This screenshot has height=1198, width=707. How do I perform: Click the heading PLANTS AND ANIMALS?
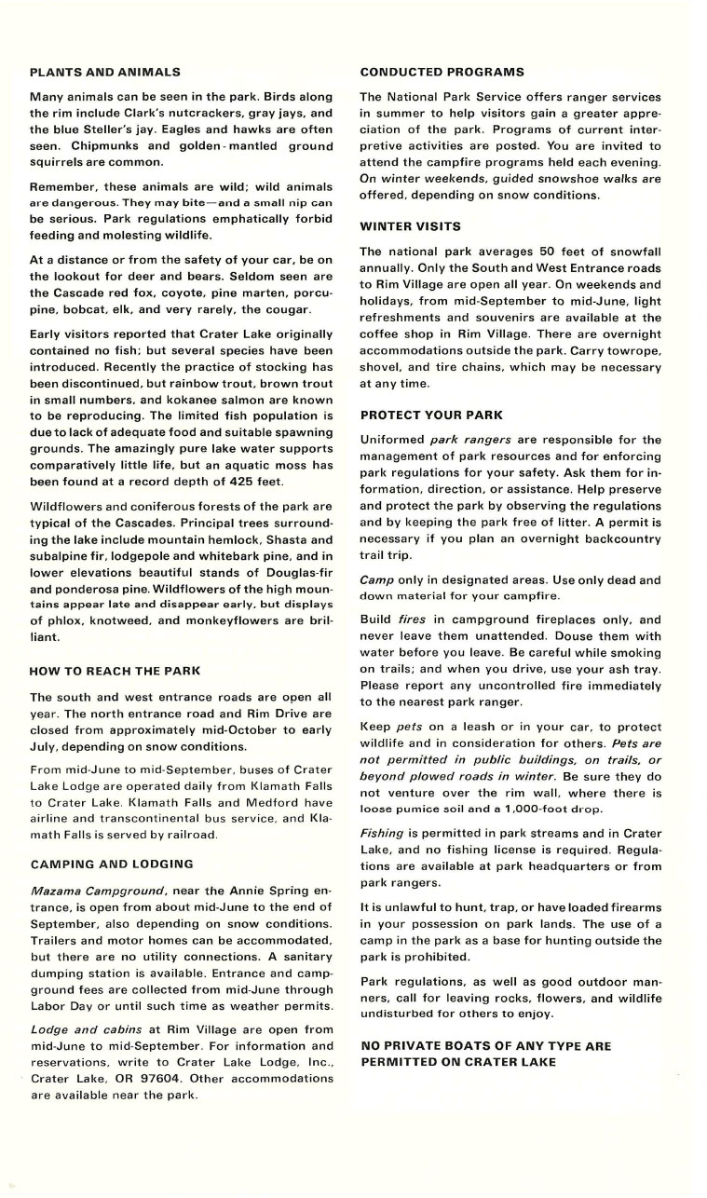click(105, 72)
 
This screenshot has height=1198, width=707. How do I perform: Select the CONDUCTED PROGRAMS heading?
click(442, 72)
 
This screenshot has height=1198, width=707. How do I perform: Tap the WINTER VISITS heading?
click(410, 226)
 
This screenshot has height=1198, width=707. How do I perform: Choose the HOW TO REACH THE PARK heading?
click(116, 671)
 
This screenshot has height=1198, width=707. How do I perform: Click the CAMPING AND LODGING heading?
click(112, 864)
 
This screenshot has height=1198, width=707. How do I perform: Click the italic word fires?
click(412, 619)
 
